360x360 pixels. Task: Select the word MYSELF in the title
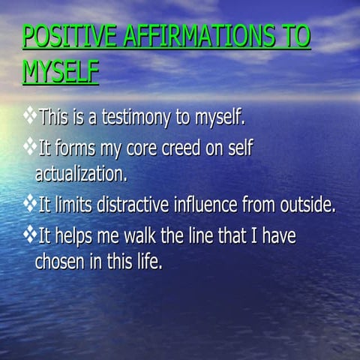(60, 72)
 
